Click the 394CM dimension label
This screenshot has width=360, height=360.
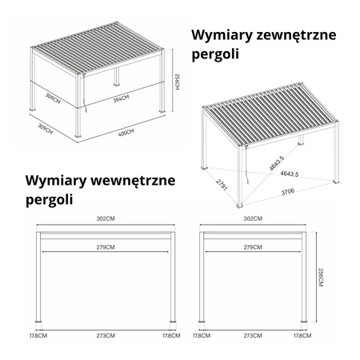(x=121, y=99)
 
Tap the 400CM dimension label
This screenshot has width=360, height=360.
(x=126, y=133)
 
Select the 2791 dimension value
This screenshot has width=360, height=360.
(x=222, y=185)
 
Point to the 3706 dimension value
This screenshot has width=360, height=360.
(x=288, y=191)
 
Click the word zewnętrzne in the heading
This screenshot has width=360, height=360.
(x=296, y=35)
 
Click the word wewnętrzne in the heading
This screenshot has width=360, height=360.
(x=133, y=181)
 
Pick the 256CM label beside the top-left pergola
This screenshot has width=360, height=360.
(x=176, y=82)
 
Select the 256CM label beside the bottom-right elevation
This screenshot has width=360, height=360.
(x=320, y=278)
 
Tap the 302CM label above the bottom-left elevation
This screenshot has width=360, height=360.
(x=106, y=218)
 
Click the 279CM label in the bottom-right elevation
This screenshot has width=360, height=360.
(x=253, y=247)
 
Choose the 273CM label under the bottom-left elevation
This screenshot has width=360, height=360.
(x=106, y=335)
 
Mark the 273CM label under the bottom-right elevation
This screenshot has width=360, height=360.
(x=253, y=335)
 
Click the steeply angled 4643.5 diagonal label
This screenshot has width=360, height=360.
(x=277, y=163)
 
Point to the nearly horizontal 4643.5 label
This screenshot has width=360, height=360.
(x=290, y=174)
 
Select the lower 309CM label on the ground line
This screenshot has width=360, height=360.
(x=45, y=129)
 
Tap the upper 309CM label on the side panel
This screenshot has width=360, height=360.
(x=53, y=98)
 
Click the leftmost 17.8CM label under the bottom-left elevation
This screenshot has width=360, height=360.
(x=38, y=335)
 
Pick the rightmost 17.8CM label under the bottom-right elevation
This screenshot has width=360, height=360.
(x=302, y=335)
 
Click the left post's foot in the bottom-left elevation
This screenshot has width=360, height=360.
(x=38, y=322)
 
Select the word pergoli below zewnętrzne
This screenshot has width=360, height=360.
(x=215, y=55)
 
